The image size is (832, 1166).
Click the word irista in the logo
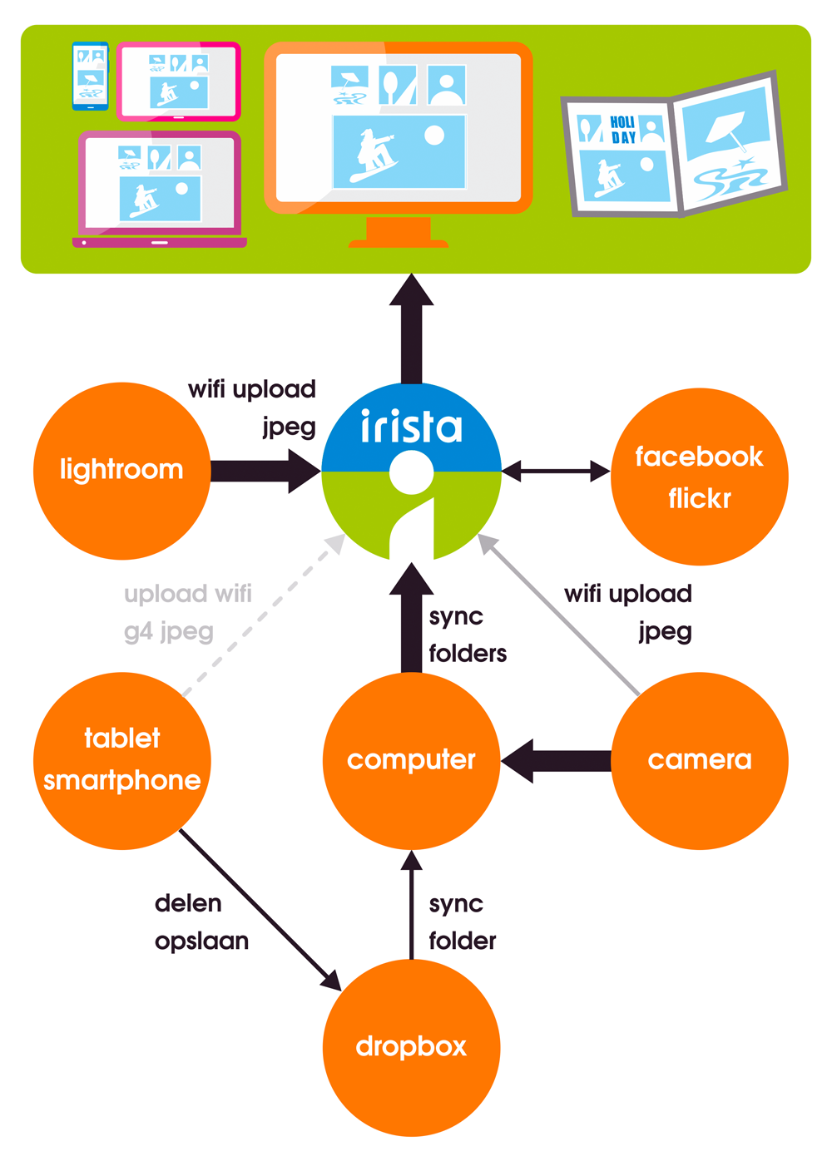411,427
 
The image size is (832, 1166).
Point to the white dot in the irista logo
411,472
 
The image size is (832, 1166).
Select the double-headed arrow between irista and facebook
556,471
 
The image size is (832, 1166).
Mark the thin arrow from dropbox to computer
411,907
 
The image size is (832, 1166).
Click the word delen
188,903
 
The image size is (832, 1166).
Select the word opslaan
201,941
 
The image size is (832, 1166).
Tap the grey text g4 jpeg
169,632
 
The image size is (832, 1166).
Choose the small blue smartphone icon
90,76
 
